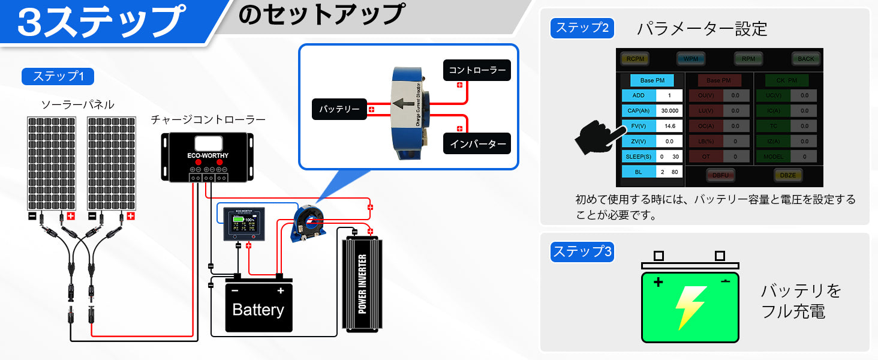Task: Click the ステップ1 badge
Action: pos(58,76)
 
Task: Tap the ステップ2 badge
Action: pos(582,28)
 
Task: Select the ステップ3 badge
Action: pos(582,252)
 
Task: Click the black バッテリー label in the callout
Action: pos(339,109)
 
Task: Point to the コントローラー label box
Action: pos(477,70)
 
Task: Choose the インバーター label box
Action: pos(477,144)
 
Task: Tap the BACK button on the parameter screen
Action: pos(806,59)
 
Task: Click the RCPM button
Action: pos(635,59)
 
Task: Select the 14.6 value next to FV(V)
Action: pos(669,126)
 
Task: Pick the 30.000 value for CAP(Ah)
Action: pos(669,110)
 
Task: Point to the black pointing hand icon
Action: pos(597,136)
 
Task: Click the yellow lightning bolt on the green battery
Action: pos(690,307)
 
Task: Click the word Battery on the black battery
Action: pos(258,310)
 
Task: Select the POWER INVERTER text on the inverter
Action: pos(362,284)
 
